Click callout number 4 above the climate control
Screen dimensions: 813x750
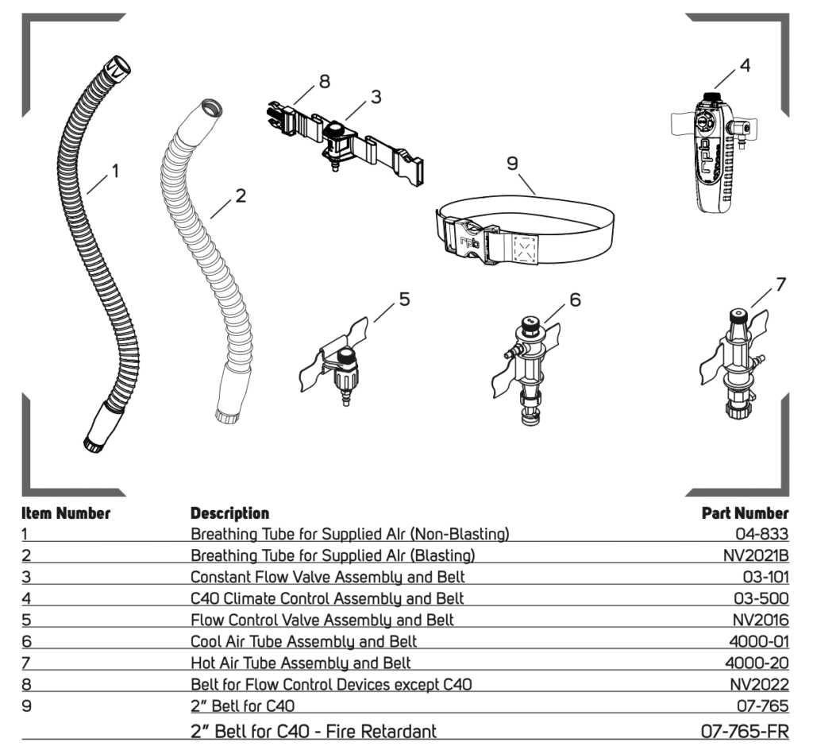[x=745, y=65]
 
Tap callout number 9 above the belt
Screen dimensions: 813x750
[x=512, y=164]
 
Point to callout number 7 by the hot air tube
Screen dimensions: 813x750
[x=781, y=284]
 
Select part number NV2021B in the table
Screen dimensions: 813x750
[x=756, y=555]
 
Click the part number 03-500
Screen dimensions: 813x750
[x=761, y=598]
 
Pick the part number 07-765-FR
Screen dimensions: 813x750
[x=745, y=731]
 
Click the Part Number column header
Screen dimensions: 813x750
[x=745, y=513]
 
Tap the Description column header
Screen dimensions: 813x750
[x=229, y=513]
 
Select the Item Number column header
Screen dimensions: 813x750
[x=66, y=513]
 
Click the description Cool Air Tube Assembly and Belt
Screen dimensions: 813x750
[x=304, y=642]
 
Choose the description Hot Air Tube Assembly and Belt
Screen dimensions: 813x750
[x=301, y=663]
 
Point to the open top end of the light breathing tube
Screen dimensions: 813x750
[x=212, y=108]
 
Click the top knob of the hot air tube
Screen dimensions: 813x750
[x=738, y=315]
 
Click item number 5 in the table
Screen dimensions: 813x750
[x=26, y=620]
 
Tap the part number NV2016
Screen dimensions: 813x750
[x=761, y=620]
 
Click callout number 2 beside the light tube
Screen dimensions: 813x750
[x=241, y=195]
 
